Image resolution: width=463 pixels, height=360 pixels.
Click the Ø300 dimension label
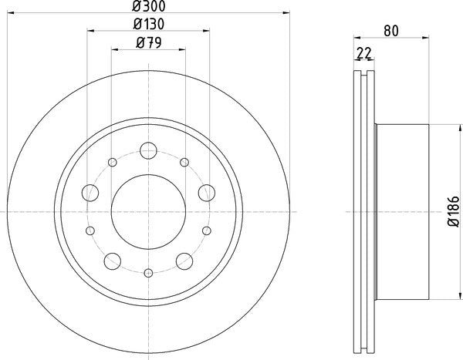(148, 6)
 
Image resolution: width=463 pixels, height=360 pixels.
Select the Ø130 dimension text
(148, 24)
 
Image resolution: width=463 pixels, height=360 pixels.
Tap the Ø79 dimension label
(148, 43)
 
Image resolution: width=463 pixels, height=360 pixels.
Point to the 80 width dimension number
(391, 31)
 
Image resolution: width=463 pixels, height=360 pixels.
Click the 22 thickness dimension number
(363, 53)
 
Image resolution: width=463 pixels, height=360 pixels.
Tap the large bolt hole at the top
(148, 150)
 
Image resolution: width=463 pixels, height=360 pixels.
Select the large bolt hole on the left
(90, 193)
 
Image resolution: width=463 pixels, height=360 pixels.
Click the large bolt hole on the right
(207, 193)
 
